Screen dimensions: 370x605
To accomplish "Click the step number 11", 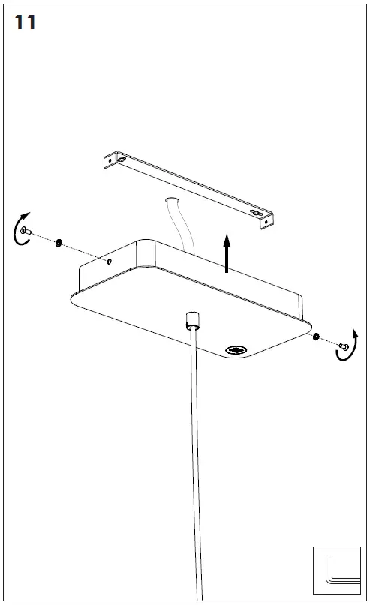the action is pyautogui.click(x=25, y=22).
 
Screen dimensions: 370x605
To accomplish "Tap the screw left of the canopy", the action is pyautogui.click(x=26, y=231).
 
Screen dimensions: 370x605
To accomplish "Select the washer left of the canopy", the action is pyautogui.click(x=59, y=243).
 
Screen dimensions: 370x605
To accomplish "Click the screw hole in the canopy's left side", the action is pyautogui.click(x=110, y=262).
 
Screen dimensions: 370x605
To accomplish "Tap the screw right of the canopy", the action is pyautogui.click(x=342, y=346).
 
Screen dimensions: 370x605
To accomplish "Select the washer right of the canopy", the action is pyautogui.click(x=315, y=337).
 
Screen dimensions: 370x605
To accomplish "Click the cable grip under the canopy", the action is pyautogui.click(x=193, y=320).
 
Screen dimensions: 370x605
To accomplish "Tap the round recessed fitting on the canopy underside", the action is pyautogui.click(x=236, y=350).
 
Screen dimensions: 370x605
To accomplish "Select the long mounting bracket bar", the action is pyautogui.click(x=188, y=190).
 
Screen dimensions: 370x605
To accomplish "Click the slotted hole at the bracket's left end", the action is pyautogui.click(x=122, y=160).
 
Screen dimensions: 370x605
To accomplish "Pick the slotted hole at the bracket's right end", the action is pyautogui.click(x=256, y=213).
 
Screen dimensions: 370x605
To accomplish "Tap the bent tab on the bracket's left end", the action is pyautogui.click(x=110, y=160).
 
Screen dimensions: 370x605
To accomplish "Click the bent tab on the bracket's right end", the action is pyautogui.click(x=266, y=222).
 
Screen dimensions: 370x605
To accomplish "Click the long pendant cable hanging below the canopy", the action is pyautogui.click(x=197, y=463).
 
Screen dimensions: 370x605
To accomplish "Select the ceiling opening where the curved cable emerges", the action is pyautogui.click(x=171, y=201).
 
